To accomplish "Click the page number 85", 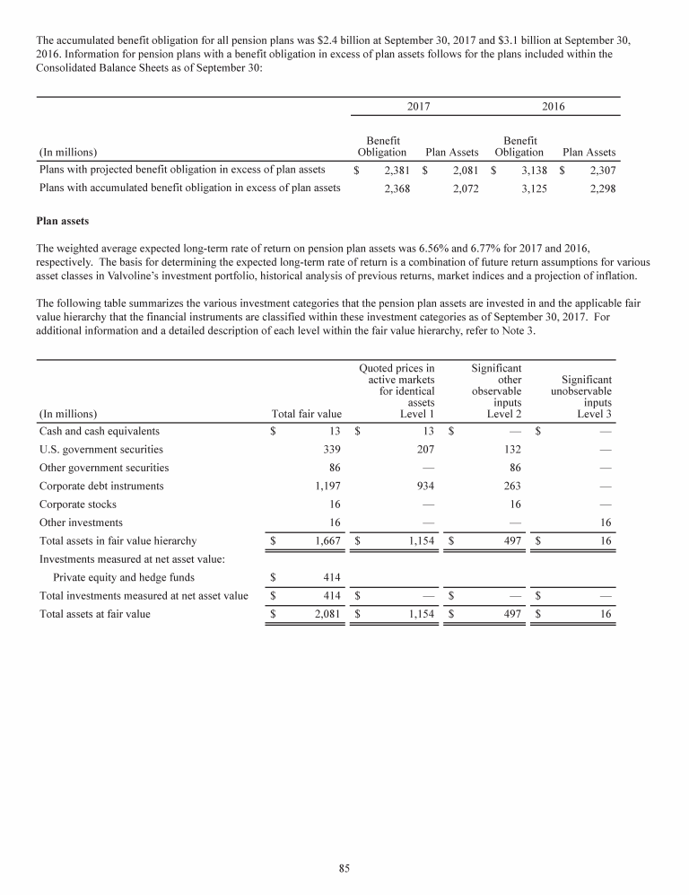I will point(344,867).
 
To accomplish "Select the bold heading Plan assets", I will point(64,218).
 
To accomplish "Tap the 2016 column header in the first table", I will point(554,106).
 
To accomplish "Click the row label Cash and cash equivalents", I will point(100,431).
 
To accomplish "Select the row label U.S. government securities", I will point(101,450).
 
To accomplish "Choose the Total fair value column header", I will point(306,414).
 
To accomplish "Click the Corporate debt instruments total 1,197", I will point(326,486).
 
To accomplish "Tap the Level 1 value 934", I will point(424,486).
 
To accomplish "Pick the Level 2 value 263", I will point(511,486).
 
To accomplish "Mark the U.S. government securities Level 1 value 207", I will point(424,450).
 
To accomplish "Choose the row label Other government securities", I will point(104,468).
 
